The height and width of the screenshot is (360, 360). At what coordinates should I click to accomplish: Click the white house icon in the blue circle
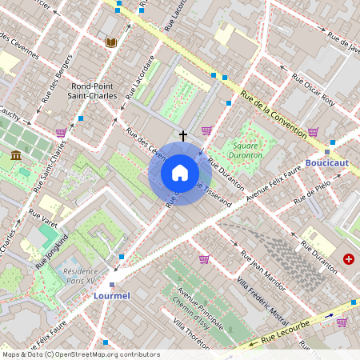point(180,172)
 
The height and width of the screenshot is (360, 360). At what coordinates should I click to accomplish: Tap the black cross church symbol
point(183,136)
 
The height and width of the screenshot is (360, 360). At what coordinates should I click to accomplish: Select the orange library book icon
point(111,42)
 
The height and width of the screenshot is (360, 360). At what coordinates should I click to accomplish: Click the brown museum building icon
point(16,155)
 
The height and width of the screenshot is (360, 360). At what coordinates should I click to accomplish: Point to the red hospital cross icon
point(349,258)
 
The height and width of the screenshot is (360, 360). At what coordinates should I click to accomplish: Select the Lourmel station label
point(111,296)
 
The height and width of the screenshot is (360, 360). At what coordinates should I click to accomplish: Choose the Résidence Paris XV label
point(86,276)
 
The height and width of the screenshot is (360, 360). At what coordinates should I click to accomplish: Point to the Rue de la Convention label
point(273,113)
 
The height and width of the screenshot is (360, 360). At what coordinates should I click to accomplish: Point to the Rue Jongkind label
point(53,249)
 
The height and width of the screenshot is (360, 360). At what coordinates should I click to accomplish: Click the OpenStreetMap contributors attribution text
point(81,354)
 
